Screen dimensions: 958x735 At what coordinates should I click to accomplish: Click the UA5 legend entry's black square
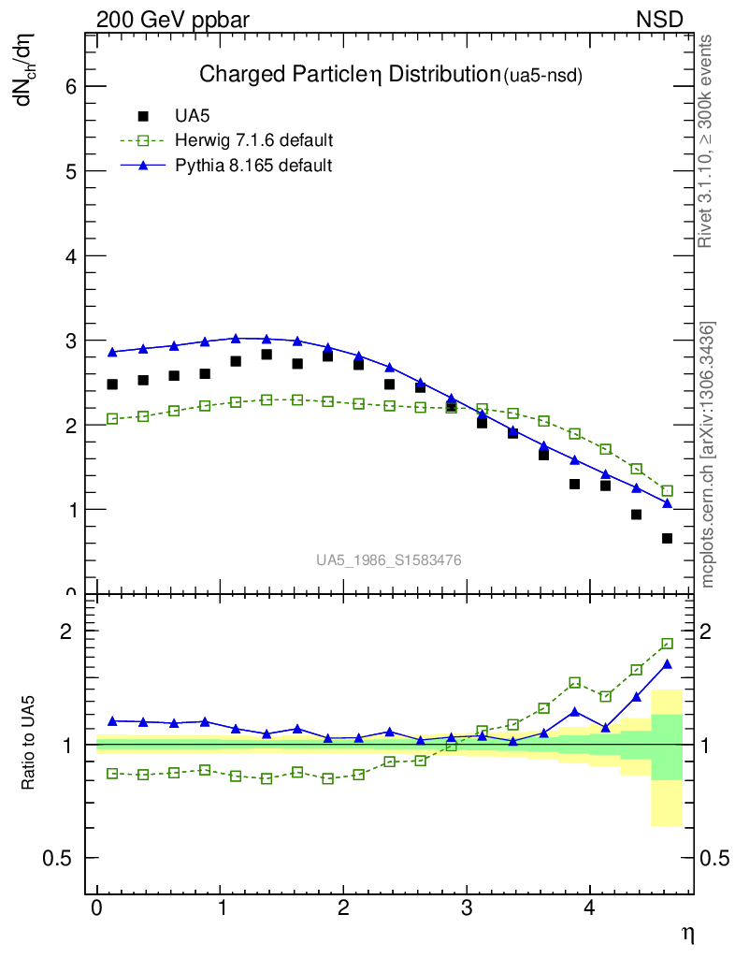[x=143, y=116]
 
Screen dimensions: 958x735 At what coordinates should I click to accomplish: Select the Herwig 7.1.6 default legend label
[x=253, y=140]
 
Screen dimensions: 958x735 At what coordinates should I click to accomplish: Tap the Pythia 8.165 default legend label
[x=253, y=166]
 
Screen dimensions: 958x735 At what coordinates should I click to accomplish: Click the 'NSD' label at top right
[x=660, y=19]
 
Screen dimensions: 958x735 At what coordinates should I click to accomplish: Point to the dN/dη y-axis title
[x=27, y=70]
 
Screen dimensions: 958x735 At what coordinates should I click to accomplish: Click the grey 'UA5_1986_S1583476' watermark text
[x=388, y=559]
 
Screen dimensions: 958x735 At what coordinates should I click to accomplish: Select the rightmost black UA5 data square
[x=667, y=538]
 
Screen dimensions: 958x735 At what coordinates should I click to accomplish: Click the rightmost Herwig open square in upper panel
[x=667, y=490]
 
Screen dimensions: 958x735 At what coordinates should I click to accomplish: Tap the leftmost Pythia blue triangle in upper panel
[x=112, y=352]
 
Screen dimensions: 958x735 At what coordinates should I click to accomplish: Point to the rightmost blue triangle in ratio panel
[x=667, y=664]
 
